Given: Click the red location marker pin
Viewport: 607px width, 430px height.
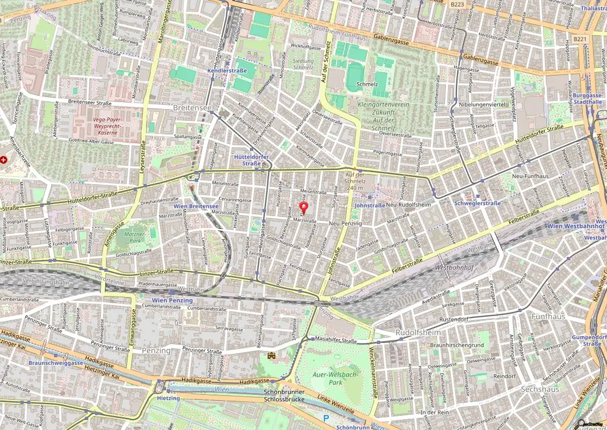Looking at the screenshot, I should coord(304,208).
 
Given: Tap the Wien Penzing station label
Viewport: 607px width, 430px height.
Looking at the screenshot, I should coord(172,300).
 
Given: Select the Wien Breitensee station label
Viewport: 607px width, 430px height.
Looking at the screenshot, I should coord(197,206).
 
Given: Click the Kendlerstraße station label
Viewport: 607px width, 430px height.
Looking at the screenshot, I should coord(226,70).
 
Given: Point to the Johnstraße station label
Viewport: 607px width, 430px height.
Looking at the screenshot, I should coord(369,206).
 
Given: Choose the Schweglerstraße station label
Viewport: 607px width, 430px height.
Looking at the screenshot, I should coord(477,203).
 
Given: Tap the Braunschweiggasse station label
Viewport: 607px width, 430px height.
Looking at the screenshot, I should coord(56,362).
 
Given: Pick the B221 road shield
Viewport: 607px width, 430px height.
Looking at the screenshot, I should coord(580,38).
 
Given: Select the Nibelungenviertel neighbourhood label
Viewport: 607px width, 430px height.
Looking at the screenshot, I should coord(481,105).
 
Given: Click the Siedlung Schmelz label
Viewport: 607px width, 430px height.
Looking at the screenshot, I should coord(303,64).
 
